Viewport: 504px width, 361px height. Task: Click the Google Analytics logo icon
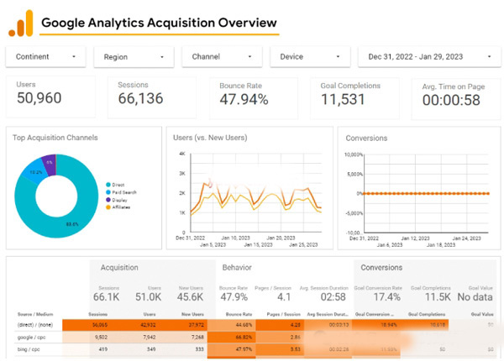(x=20, y=23)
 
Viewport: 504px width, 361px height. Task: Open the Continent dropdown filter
(x=46, y=57)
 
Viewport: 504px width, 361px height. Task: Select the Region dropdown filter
(x=133, y=57)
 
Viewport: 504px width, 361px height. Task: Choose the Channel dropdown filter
(x=221, y=57)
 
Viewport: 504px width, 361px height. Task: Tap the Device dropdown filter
(x=309, y=57)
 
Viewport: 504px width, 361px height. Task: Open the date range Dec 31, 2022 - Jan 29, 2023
(x=426, y=57)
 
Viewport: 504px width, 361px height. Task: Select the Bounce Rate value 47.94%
(x=244, y=100)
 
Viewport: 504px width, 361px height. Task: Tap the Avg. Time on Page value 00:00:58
(x=450, y=101)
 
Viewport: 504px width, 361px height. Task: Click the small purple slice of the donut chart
(x=50, y=162)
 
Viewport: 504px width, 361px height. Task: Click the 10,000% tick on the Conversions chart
(x=353, y=155)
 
